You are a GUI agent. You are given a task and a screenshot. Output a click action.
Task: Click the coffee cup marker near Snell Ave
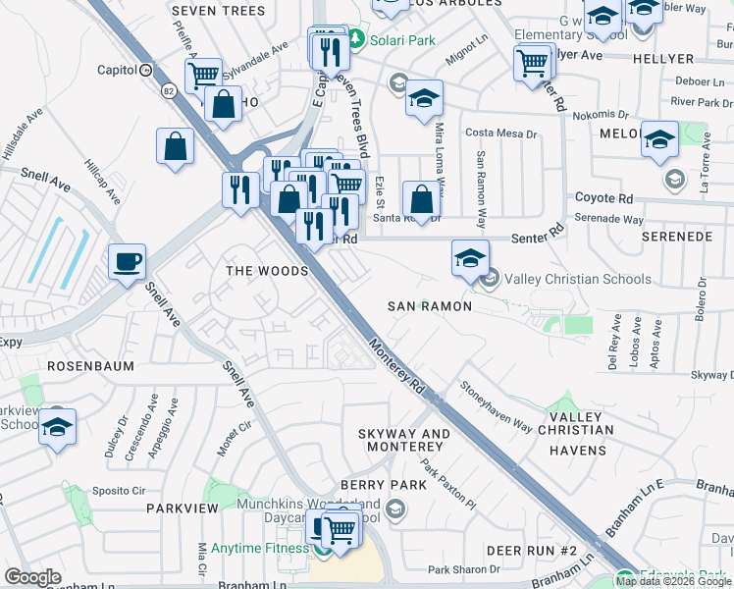click(127, 262)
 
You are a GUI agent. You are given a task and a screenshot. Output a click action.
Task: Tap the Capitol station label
click(117, 70)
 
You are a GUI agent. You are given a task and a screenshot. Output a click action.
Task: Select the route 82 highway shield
click(168, 91)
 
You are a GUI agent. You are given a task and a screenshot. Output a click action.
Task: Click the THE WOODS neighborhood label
click(267, 271)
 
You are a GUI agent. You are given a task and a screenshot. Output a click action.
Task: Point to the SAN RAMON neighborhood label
click(430, 306)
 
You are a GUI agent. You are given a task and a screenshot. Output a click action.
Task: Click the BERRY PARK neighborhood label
click(384, 485)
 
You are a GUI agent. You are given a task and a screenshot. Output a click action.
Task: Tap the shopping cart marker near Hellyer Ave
click(532, 62)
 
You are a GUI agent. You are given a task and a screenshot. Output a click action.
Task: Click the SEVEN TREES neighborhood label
click(218, 11)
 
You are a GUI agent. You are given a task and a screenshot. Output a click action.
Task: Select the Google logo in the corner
click(32, 577)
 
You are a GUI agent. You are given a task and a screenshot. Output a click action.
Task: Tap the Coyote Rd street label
click(601, 196)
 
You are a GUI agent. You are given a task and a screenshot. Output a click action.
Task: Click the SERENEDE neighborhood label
click(676, 238)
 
